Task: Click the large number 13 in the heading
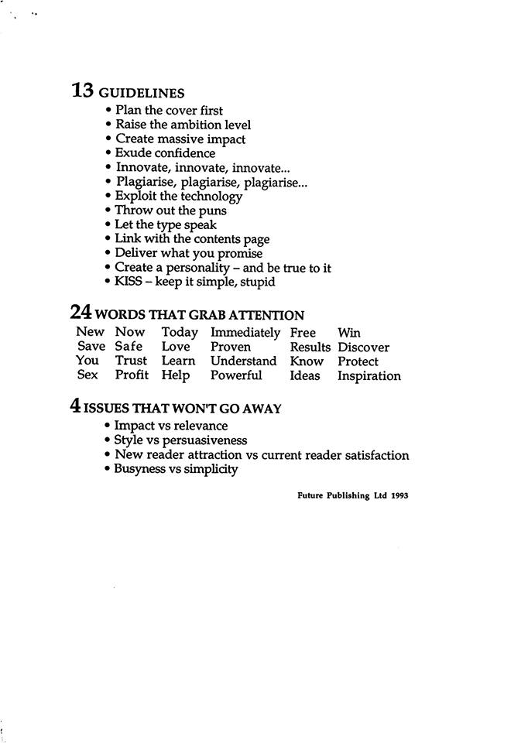pyautogui.click(x=83, y=91)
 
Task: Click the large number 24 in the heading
pyautogui.click(x=81, y=312)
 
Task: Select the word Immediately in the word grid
pyautogui.click(x=245, y=333)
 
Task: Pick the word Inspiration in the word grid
pyautogui.click(x=369, y=376)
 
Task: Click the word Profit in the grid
pyautogui.click(x=132, y=375)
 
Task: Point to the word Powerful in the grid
pyautogui.click(x=236, y=375)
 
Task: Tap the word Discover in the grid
pyautogui.click(x=363, y=348)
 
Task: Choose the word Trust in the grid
pyautogui.click(x=131, y=361)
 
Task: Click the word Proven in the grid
pyautogui.click(x=231, y=348)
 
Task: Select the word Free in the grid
pyautogui.click(x=303, y=333)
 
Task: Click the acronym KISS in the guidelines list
pyautogui.click(x=129, y=282)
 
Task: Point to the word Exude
pyautogui.click(x=132, y=153)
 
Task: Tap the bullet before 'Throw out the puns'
pyautogui.click(x=108, y=211)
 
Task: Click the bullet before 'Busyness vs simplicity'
pyautogui.click(x=108, y=469)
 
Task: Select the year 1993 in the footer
pyautogui.click(x=399, y=496)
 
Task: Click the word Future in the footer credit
pyautogui.click(x=310, y=496)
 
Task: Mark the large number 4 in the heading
pyautogui.click(x=75, y=407)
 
